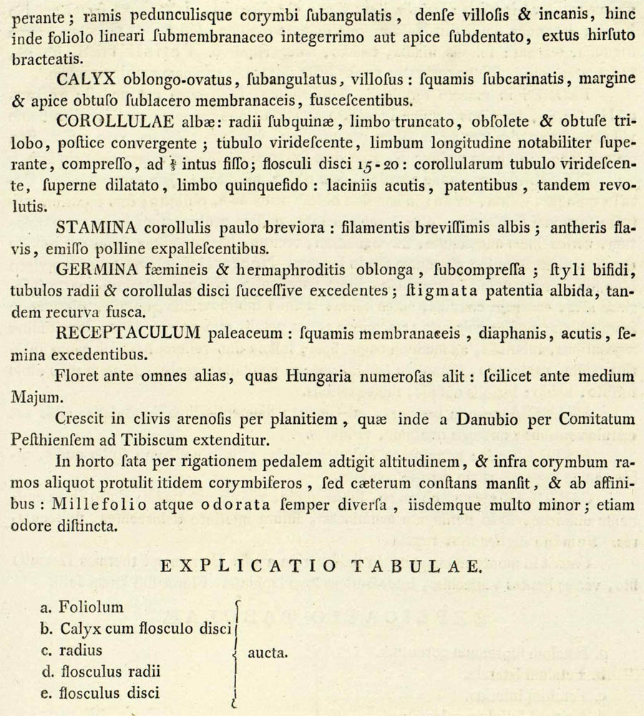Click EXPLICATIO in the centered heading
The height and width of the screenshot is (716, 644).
coord(248,566)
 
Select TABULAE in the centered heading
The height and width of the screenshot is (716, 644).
coord(417,566)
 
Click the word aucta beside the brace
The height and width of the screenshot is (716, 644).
coord(268,652)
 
